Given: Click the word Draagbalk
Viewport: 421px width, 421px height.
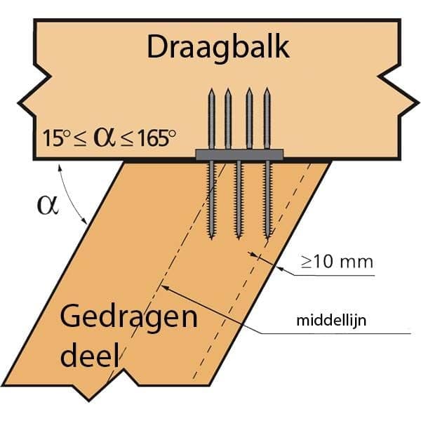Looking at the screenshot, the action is (x=218, y=48).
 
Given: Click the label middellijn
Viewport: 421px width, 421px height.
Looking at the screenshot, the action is (x=331, y=321).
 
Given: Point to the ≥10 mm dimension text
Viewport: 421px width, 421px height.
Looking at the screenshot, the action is (x=337, y=262).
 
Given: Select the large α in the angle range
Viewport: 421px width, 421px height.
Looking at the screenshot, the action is (x=105, y=138).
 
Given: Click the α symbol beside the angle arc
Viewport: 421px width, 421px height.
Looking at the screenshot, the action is (x=48, y=206).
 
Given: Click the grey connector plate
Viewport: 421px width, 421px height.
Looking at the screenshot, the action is (x=239, y=155).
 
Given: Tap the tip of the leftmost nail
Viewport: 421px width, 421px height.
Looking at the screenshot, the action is (x=212, y=89).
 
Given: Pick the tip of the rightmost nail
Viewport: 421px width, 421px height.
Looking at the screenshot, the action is (x=267, y=89).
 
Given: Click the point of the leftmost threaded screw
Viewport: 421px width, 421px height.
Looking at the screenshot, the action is (x=212, y=239).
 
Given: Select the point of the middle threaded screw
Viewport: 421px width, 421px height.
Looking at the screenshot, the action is (x=239, y=239).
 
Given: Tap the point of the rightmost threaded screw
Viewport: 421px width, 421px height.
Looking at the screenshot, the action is (x=267, y=239).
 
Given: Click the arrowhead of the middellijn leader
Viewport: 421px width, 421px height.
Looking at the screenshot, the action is (x=163, y=286).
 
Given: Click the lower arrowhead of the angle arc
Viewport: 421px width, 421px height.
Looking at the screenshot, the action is (x=86, y=222).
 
